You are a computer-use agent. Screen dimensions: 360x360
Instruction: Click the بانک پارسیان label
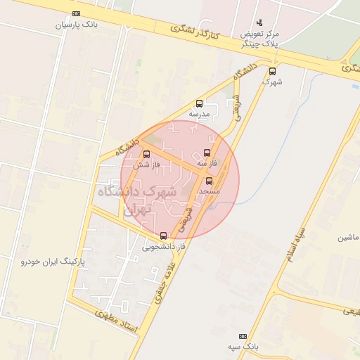tap(74, 24)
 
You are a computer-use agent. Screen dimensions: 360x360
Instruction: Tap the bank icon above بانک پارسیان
tap(76, 13)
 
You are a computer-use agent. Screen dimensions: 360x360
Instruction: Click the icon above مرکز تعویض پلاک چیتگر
tap(259, 22)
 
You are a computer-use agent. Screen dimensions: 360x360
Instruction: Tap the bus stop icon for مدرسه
tap(200, 103)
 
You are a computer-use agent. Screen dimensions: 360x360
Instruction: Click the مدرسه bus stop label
tap(200, 113)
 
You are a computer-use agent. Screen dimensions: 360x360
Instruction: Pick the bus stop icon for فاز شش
tap(146, 155)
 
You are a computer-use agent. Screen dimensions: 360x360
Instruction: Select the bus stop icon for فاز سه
tap(207, 153)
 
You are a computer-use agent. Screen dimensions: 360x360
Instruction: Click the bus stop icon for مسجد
tap(209, 181)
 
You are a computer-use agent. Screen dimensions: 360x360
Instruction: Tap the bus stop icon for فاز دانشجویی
tap(164, 236)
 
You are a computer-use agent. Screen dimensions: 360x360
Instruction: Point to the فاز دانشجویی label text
tap(163, 247)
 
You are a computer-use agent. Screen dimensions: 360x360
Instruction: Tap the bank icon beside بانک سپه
tap(243, 337)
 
